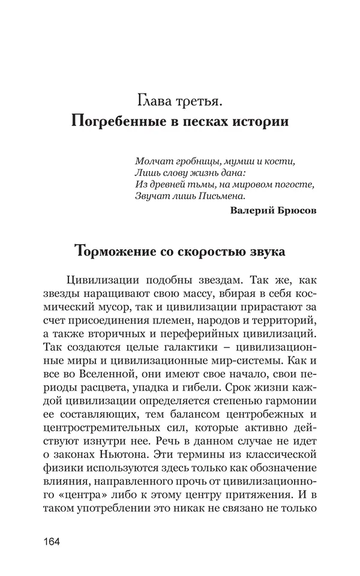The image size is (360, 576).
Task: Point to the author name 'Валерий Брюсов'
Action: coord(272,209)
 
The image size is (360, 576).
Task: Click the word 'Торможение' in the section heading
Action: coord(113,253)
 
